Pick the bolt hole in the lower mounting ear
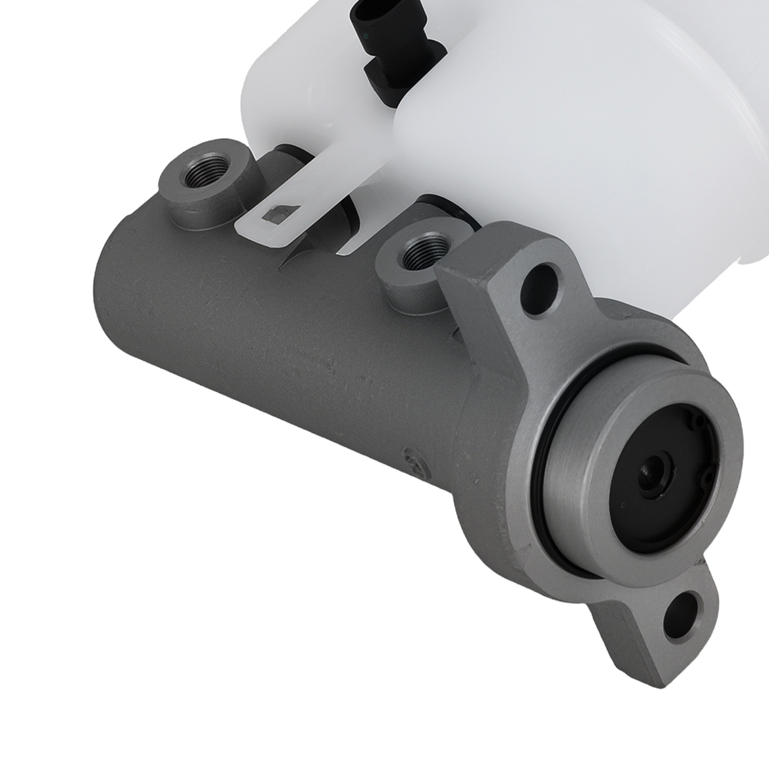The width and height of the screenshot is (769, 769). (681, 614)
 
